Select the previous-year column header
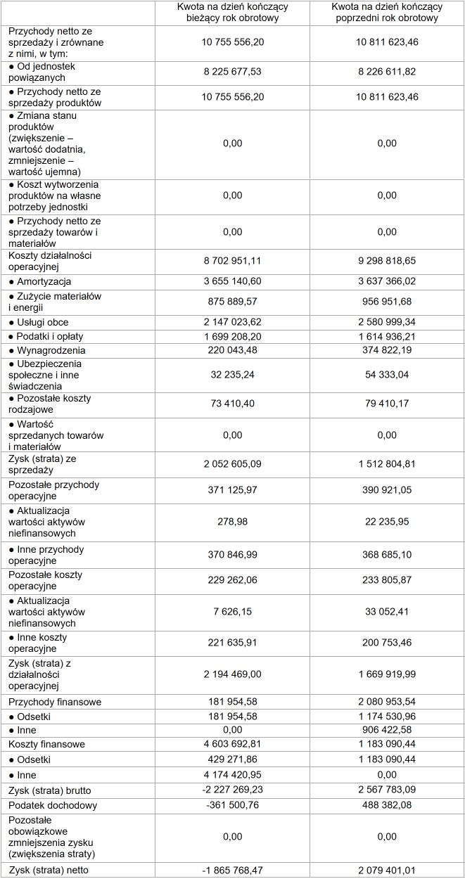[386, 13]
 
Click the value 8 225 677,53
[232, 72]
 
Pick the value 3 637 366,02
[386, 281]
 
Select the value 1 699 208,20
[232, 336]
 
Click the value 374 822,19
[386, 350]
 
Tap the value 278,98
[232, 522]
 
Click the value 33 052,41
[386, 612]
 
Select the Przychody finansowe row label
[55, 702]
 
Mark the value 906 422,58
[386, 730]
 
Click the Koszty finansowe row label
[46, 744]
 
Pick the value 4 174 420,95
[232, 774]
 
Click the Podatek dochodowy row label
[53, 805]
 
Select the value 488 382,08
[386, 805]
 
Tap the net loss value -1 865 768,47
[232, 871]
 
